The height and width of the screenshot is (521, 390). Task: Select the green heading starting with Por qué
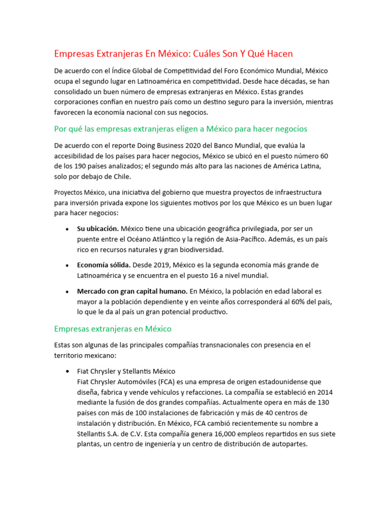tap(180, 129)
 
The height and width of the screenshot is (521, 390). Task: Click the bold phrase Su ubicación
tap(98, 228)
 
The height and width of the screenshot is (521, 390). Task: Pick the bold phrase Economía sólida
tap(104, 265)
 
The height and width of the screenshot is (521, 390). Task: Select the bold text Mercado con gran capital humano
tap(132, 292)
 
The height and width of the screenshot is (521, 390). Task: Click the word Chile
tap(122, 176)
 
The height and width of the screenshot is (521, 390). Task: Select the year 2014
tap(323, 392)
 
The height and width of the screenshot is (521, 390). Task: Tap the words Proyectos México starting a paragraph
tap(79, 192)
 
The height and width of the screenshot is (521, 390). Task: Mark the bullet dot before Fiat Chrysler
tap(68, 371)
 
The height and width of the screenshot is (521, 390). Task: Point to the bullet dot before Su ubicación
tap(68, 229)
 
